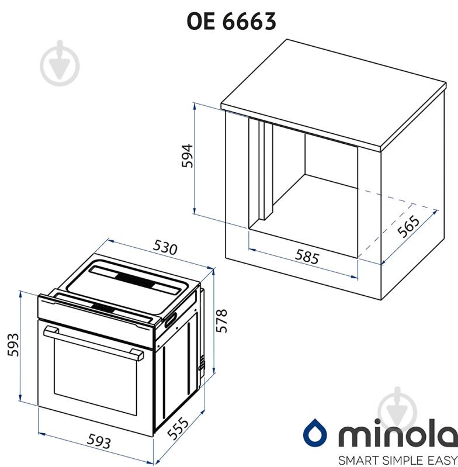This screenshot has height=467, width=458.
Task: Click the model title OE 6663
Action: click(231, 22)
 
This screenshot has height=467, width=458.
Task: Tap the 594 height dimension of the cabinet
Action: click(188, 156)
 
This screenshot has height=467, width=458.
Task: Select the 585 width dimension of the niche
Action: click(307, 256)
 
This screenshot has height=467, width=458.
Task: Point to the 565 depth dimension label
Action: click(409, 226)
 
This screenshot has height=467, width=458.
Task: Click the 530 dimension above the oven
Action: click(165, 247)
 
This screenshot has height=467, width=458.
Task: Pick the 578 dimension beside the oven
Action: click(222, 320)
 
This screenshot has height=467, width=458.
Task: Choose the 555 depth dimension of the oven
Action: click(178, 428)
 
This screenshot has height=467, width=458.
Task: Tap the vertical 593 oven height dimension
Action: click(13, 345)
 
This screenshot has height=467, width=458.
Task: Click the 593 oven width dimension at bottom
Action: click(99, 441)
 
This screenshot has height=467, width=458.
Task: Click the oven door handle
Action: click(93, 343)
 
